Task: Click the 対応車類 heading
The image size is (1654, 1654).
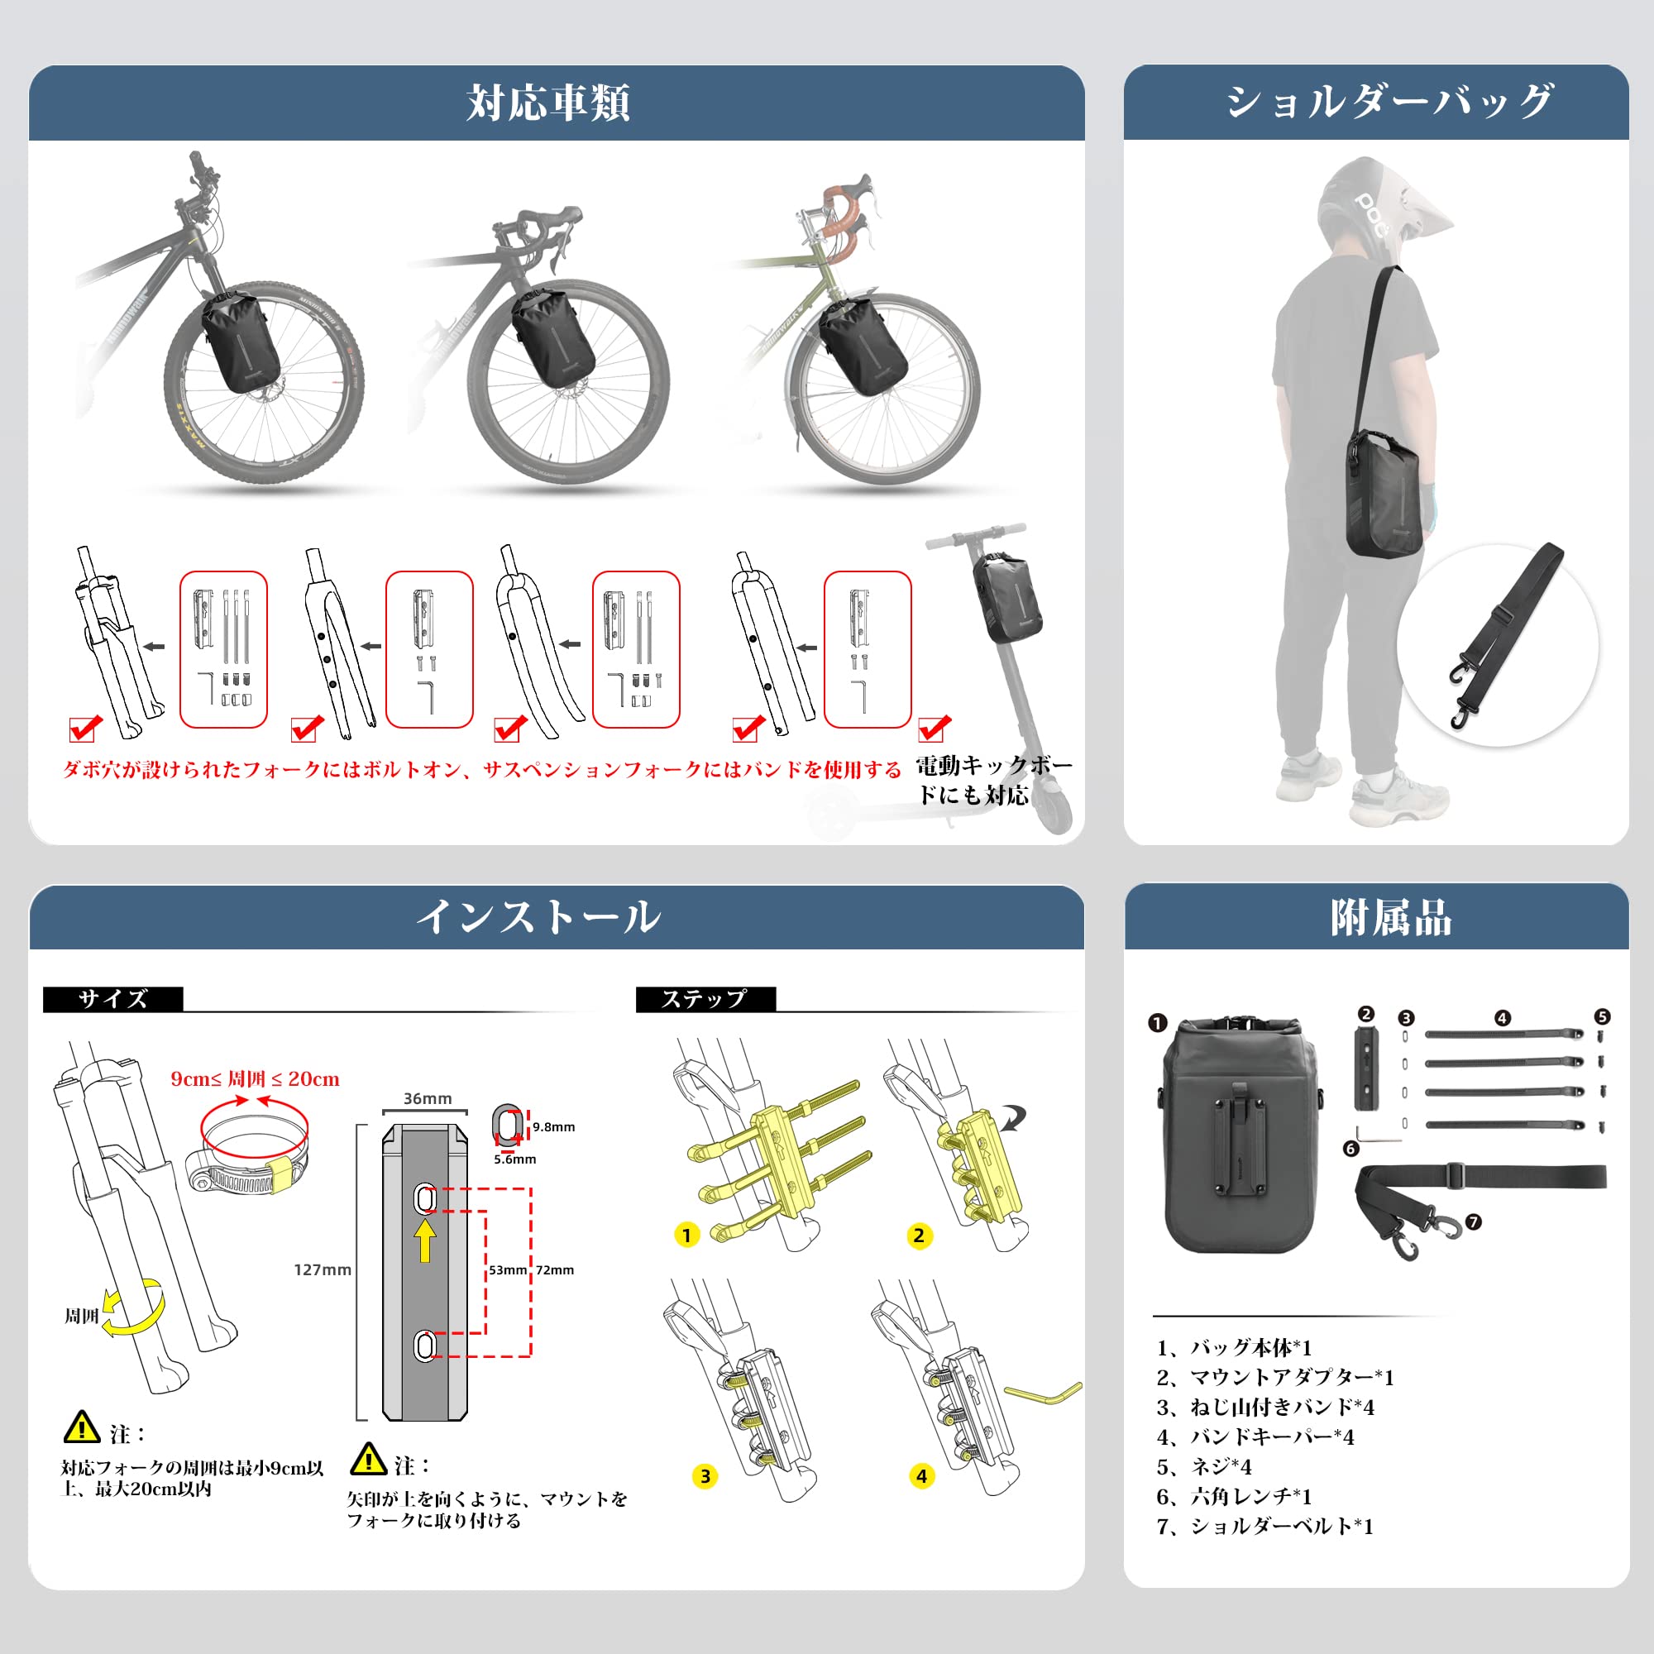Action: click(x=548, y=103)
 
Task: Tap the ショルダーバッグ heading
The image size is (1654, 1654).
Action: click(x=1388, y=102)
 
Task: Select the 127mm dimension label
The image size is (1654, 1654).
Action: click(x=322, y=1269)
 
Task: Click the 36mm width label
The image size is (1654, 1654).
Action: click(x=428, y=1098)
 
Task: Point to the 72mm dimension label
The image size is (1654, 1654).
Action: click(x=555, y=1270)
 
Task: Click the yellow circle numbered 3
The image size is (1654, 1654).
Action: click(x=705, y=1476)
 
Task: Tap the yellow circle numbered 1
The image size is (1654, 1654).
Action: click(x=686, y=1236)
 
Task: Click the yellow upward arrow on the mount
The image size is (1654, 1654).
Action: click(x=425, y=1240)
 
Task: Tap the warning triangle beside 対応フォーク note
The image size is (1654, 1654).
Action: click(x=82, y=1427)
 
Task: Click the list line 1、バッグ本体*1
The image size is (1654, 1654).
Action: click(x=1234, y=1347)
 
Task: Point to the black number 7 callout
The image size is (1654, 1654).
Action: click(x=1474, y=1222)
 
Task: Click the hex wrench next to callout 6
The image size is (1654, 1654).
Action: click(x=1379, y=1135)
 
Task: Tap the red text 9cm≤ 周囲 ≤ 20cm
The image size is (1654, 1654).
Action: click(x=255, y=1079)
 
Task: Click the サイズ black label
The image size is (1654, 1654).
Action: click(x=113, y=999)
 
